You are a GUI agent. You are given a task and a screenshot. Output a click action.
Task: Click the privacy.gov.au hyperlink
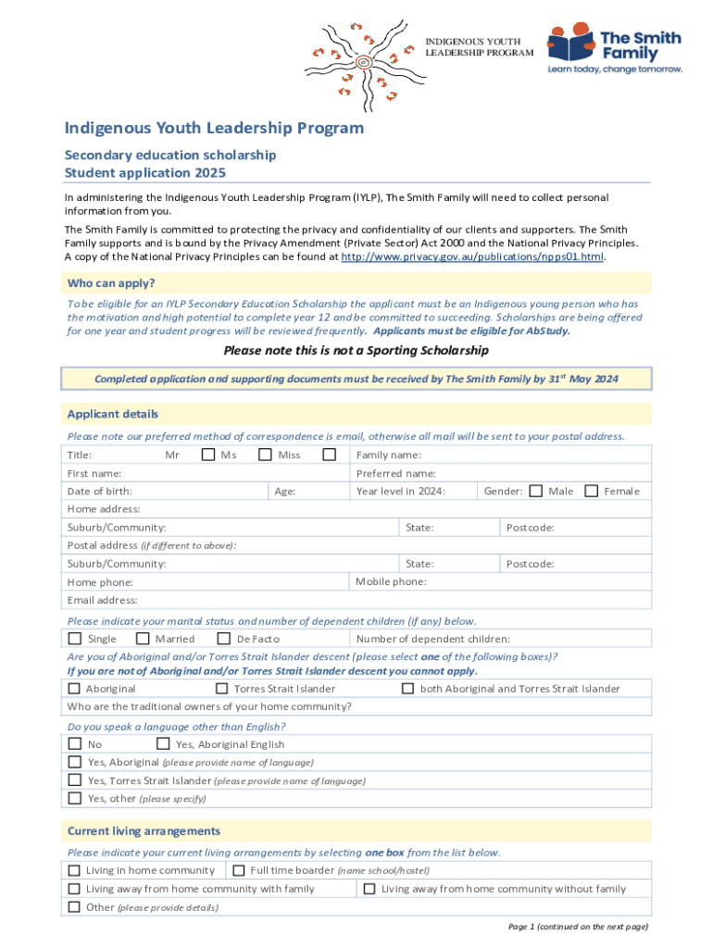(472, 257)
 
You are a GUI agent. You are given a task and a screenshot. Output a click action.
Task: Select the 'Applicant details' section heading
(112, 414)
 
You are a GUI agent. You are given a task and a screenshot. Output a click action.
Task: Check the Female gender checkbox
(592, 491)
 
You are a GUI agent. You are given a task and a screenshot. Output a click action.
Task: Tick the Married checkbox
(144, 639)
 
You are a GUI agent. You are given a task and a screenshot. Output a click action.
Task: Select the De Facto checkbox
(224, 639)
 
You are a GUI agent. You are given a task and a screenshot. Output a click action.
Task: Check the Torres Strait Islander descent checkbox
(221, 689)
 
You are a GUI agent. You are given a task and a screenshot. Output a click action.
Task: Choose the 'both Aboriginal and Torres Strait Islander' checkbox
(407, 689)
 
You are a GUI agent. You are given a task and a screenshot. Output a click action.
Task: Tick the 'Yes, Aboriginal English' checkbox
(163, 743)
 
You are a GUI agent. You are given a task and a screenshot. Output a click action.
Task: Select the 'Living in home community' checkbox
(74, 870)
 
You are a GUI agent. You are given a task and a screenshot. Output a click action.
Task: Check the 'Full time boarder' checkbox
(238, 870)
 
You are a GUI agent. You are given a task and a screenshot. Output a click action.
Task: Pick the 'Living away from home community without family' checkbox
(369, 889)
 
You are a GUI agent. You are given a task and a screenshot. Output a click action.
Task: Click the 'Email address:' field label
(102, 600)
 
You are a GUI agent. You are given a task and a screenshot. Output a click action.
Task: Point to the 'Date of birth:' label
(99, 492)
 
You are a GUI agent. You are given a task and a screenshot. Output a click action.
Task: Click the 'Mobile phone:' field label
(391, 581)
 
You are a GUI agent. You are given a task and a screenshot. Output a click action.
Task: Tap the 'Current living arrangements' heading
(144, 830)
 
